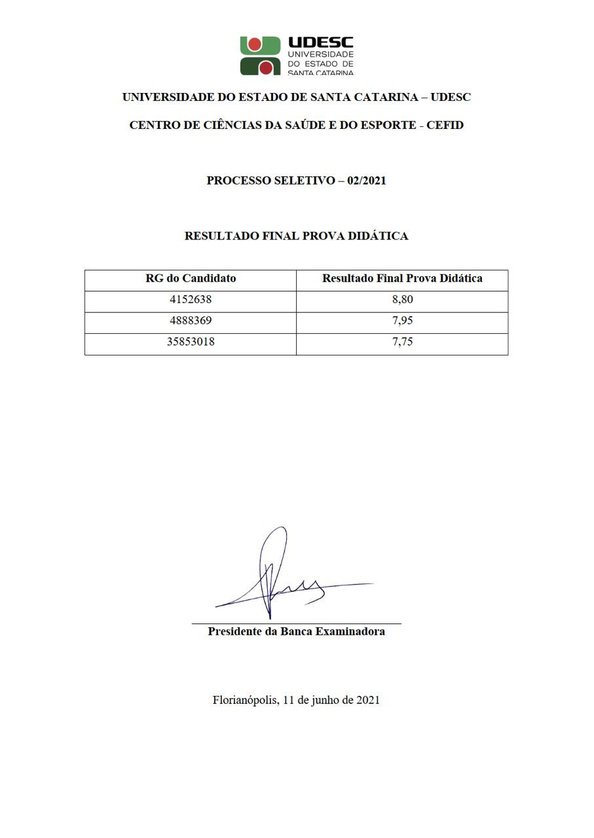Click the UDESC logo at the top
pos(296,56)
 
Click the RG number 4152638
pos(191,300)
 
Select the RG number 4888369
pos(191,321)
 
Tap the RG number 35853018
pos(191,342)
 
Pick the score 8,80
pos(402,300)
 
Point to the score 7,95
pos(402,321)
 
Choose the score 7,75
pos(402,342)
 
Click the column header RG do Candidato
pos(191,278)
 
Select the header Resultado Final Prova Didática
pos(402,278)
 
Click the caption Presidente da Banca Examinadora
pos(296,632)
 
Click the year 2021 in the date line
pos(367,700)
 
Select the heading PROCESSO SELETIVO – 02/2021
pos(296,181)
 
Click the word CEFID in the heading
pos(445,125)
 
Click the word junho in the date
pos(324,700)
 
